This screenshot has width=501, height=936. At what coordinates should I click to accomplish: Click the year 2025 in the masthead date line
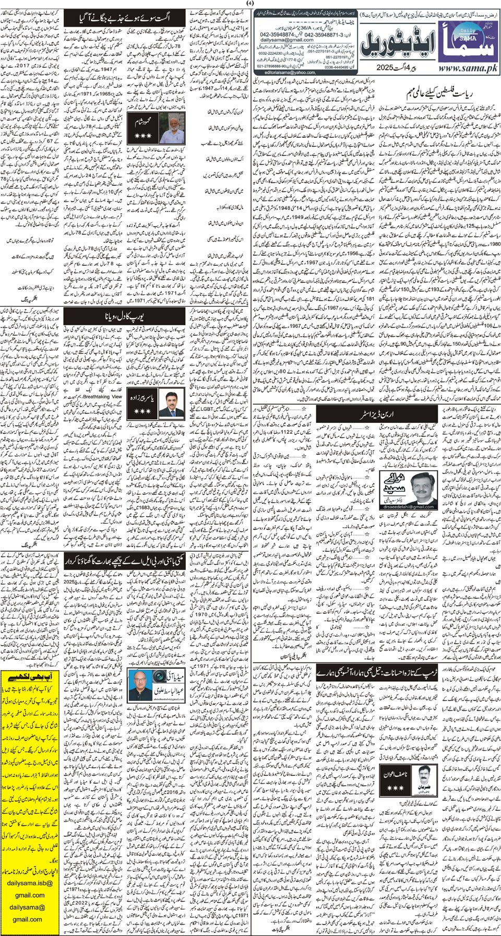pos(386,68)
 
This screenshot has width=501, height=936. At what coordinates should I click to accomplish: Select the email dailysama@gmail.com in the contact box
pos(287,40)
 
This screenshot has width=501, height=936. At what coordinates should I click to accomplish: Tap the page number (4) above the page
pos(250,5)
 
